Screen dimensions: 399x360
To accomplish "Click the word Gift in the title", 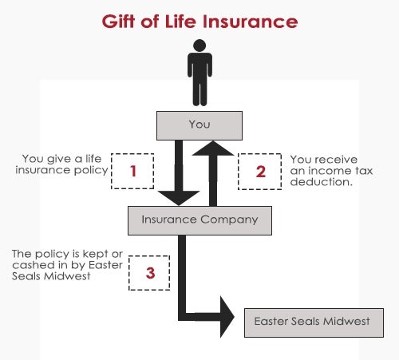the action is click(118, 22).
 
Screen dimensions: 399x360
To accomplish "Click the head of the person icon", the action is click(199, 45).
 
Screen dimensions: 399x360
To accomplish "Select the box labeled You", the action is click(199, 125).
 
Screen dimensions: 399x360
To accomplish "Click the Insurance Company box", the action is click(199, 220).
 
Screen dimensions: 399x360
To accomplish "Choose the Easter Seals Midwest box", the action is click(314, 322).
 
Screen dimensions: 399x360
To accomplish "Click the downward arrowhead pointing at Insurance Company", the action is click(179, 198).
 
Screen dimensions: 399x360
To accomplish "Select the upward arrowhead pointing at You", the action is click(213, 148).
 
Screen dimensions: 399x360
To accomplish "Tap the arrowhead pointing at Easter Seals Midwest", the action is click(227, 317).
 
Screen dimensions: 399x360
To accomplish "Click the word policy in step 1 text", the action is click(91, 171).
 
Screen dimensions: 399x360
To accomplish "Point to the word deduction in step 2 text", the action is click(322, 182).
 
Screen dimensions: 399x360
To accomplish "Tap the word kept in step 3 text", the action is click(96, 255).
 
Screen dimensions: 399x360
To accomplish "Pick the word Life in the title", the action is click(180, 22).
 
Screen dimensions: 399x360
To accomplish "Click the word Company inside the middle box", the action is click(229, 220).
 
